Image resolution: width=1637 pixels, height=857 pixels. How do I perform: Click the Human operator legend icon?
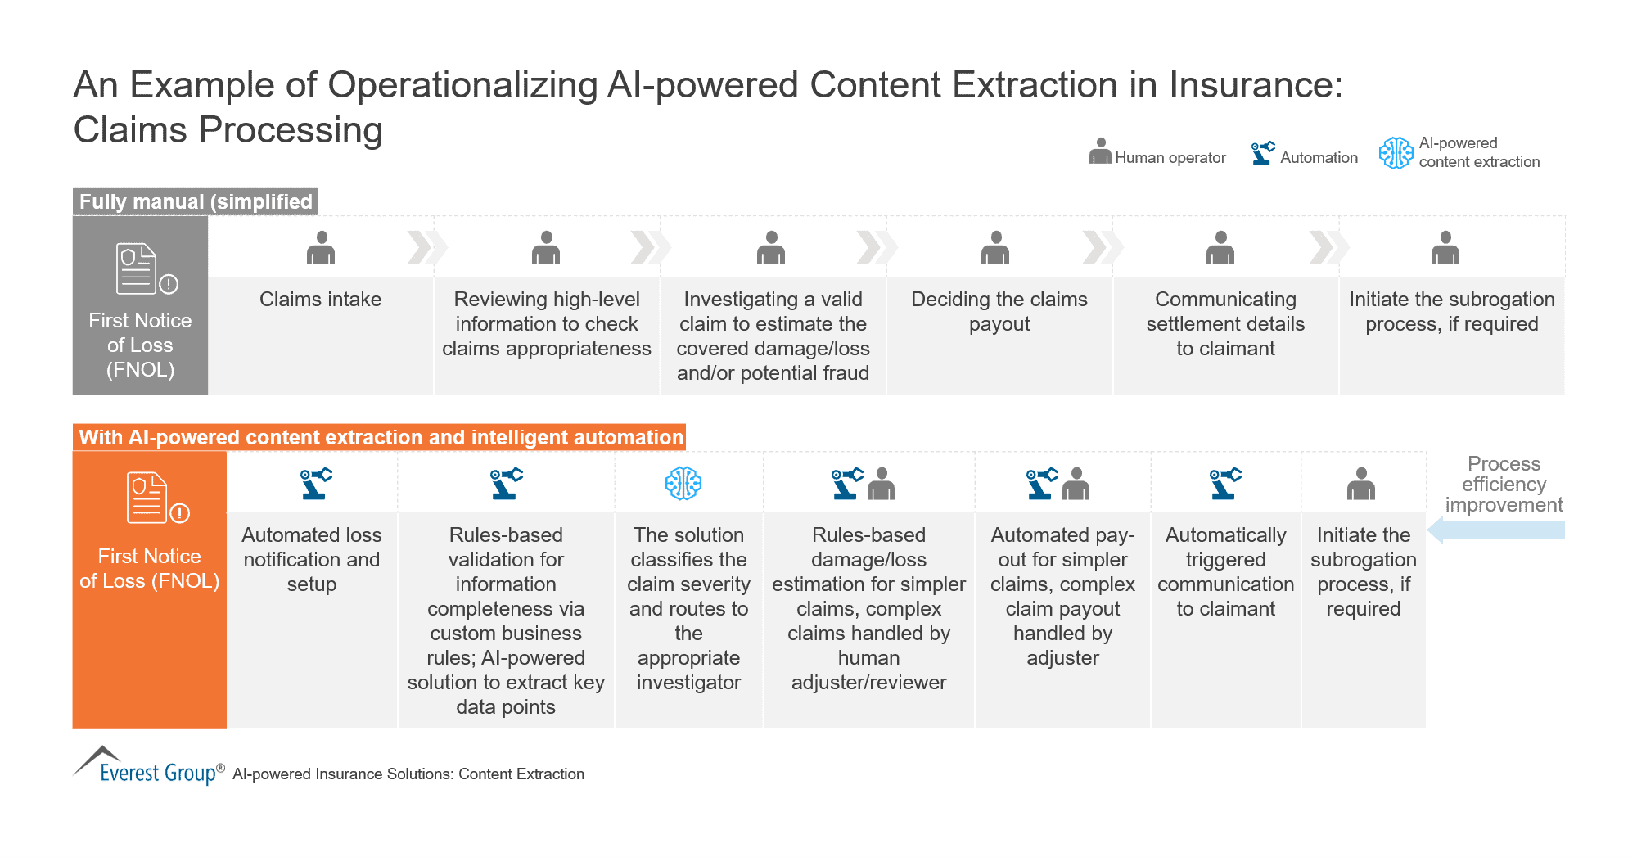1100,151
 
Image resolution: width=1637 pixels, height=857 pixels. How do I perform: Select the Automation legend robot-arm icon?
1263,152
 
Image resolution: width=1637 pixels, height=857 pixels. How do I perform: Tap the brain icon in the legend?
1396,153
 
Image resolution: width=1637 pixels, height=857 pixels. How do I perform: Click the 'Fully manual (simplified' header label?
196,201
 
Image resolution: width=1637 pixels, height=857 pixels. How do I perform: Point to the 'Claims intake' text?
320,300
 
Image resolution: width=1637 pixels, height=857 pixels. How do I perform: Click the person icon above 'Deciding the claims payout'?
995,248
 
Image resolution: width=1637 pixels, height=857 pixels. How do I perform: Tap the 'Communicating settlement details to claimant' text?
1225,324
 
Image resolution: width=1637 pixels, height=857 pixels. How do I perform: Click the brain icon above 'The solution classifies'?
683,484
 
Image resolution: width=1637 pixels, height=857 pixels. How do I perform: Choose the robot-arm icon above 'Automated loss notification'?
315,483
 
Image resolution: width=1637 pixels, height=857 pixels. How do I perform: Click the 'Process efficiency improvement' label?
1504,484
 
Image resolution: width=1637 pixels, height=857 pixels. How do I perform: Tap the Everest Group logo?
148,766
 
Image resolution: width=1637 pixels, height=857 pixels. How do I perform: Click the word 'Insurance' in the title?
1255,85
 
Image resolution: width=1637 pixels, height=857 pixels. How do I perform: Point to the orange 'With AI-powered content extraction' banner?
380,437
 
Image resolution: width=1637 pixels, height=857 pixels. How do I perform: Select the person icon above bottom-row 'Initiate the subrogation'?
1361,484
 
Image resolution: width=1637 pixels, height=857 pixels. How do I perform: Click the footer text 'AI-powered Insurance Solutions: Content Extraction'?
408,774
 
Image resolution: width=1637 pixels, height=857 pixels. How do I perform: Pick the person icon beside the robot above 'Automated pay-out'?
1076,484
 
